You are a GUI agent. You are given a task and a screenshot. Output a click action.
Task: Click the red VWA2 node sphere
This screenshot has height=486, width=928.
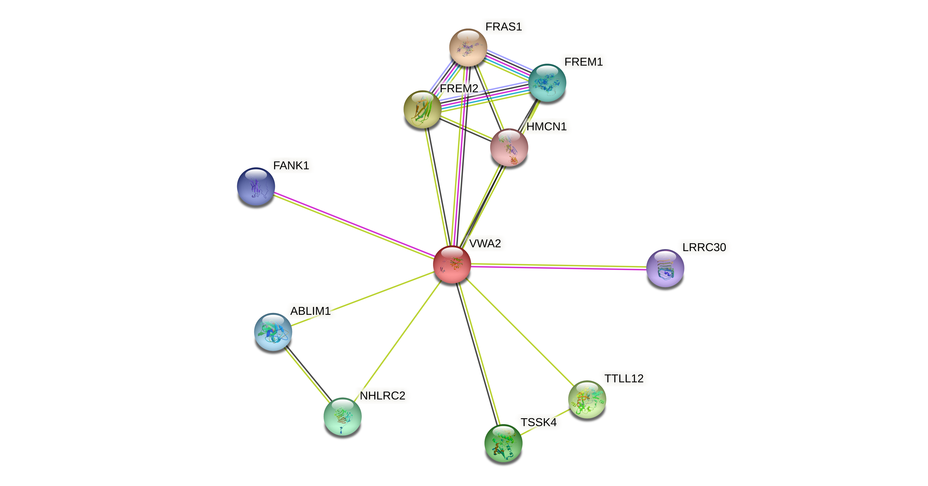pyautogui.click(x=452, y=265)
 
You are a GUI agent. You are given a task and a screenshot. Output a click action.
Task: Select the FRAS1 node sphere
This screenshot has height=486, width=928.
pyautogui.click(x=468, y=47)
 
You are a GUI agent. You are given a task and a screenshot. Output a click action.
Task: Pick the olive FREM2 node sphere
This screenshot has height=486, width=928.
pyautogui.click(x=422, y=109)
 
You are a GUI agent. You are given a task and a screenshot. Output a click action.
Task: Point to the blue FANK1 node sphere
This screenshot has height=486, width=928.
pyautogui.click(x=256, y=187)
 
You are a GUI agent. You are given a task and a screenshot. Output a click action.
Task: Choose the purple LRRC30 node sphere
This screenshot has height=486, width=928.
pyautogui.click(x=665, y=268)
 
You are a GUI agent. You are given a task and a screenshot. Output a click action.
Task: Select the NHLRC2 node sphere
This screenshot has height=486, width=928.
pyautogui.click(x=342, y=417)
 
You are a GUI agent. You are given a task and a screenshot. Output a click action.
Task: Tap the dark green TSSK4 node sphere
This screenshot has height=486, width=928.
pyautogui.click(x=503, y=443)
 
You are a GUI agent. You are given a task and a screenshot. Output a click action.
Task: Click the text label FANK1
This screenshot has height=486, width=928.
pyautogui.click(x=291, y=166)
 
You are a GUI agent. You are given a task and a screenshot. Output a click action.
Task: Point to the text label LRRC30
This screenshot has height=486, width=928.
pyautogui.click(x=704, y=247)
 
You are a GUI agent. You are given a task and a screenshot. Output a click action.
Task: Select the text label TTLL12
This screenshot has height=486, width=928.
pyautogui.click(x=624, y=378)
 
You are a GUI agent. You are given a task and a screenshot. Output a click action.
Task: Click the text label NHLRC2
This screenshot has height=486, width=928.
pyautogui.click(x=382, y=396)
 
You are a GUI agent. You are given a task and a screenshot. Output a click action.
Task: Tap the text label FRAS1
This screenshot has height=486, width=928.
pyautogui.click(x=503, y=27)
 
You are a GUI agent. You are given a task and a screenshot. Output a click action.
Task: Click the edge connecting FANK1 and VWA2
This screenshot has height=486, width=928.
pyautogui.click(x=353, y=225)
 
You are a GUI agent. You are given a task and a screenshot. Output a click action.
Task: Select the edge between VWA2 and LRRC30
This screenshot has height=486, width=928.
pyautogui.click(x=558, y=266)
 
